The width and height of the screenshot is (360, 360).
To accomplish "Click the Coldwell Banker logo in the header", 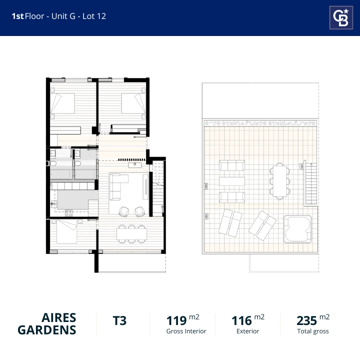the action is point(341,17).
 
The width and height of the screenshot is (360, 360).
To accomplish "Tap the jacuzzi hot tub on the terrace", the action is point(297,229).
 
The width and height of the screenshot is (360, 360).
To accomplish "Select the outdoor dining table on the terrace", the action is point(279,181).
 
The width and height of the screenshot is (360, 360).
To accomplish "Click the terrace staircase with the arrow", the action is point(310,183).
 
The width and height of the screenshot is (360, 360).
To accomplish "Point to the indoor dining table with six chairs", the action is point(131,233).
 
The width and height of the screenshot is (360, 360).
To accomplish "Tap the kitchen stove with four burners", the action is point(68,213).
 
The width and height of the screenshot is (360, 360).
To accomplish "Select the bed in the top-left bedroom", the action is point(62,103).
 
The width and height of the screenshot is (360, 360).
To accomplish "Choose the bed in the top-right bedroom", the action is point(133,103).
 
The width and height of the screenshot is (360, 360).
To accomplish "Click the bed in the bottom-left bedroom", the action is point(67,231).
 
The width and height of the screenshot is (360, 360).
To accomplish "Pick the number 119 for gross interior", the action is point(176,320).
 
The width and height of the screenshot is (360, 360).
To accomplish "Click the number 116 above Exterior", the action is point(241,320).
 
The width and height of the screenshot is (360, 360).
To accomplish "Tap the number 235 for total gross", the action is point(306,320).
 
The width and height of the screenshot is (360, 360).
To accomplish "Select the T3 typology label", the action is point(119,320).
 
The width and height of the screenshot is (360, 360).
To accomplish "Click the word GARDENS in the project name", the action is point(47,330).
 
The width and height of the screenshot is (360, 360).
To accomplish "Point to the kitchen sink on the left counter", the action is point(53,203).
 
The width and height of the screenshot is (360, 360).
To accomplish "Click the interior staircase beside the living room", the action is point(158,188).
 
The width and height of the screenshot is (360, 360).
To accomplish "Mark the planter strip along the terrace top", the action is point(260,123).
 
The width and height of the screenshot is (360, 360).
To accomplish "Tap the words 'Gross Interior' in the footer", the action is point(186,331).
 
